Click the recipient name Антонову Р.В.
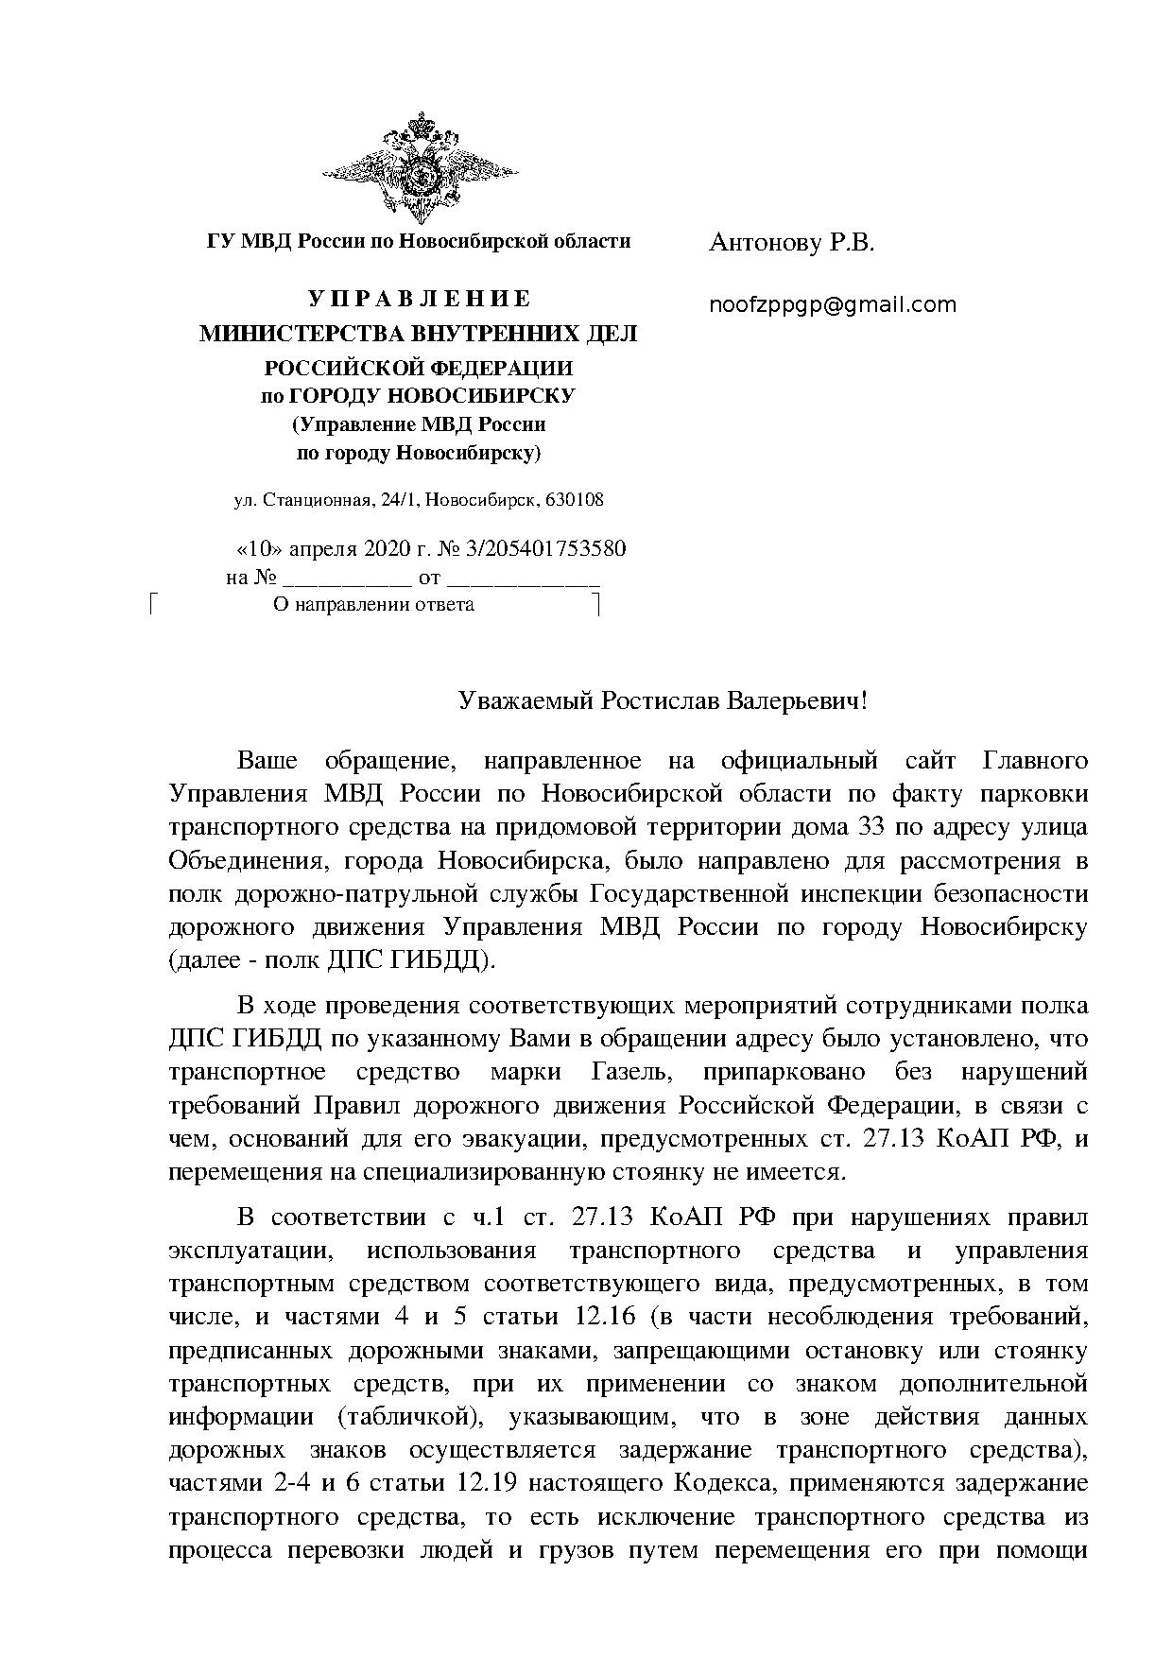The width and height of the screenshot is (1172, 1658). pos(791,244)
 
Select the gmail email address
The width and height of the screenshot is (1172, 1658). pos(833,305)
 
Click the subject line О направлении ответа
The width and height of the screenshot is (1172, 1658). pos(372,605)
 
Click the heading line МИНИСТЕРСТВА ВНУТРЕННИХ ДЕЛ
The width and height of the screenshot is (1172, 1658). pos(419,334)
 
